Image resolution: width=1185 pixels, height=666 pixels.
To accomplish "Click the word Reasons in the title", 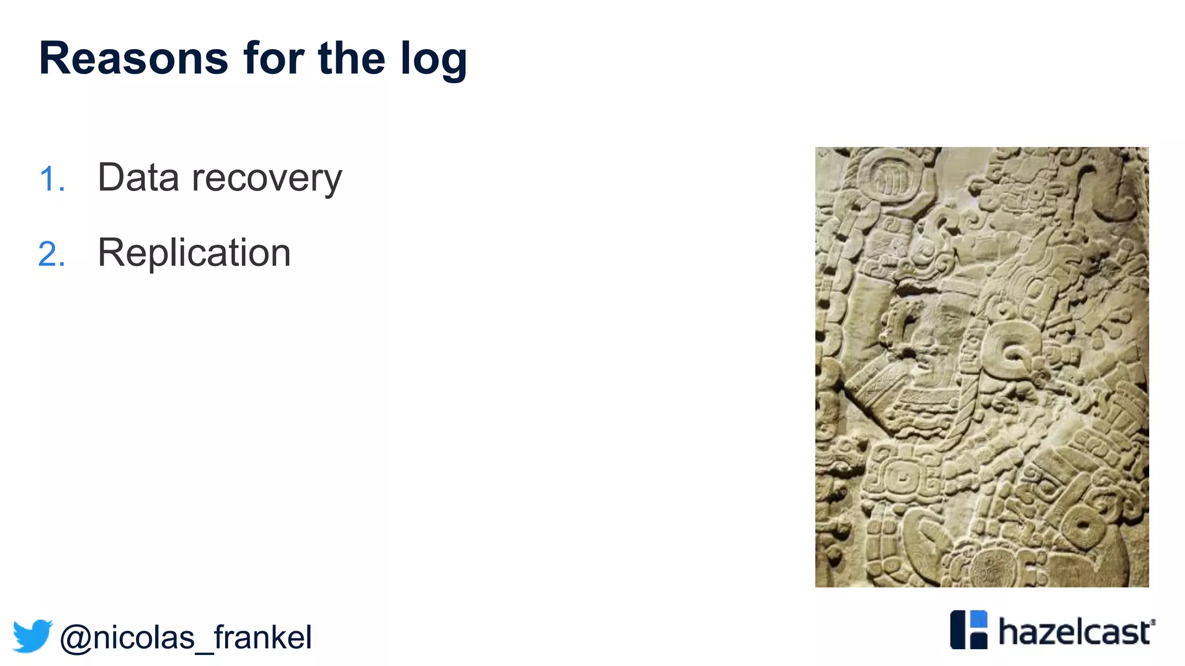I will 134,58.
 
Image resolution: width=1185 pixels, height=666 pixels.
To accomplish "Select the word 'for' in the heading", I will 273,58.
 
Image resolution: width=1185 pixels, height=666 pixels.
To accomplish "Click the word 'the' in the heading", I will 351,58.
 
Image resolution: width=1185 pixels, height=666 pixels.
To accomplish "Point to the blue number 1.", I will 50,179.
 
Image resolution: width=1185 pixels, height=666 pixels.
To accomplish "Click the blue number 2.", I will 50,254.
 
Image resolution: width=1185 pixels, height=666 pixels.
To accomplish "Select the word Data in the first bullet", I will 138,177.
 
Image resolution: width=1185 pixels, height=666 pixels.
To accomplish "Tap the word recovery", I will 267,179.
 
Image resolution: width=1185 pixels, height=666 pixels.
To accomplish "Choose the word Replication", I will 194,253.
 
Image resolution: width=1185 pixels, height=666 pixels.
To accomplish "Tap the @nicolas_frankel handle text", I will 186,638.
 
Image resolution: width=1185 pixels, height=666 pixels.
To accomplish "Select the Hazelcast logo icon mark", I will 969,630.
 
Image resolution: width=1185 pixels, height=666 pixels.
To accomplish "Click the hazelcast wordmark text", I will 1075,631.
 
